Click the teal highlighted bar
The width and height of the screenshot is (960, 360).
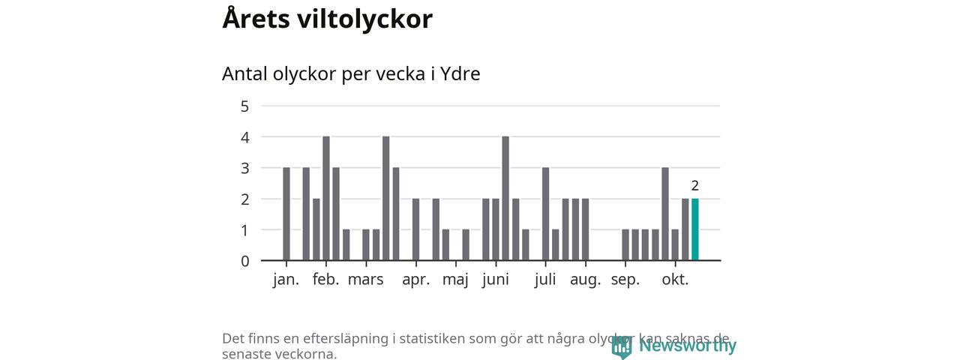tap(695, 229)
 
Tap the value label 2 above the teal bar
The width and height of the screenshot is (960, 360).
tap(695, 186)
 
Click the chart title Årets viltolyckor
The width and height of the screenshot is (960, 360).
tap(327, 19)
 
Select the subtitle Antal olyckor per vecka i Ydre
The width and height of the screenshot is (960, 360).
tap(351, 74)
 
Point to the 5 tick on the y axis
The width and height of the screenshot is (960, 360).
tap(244, 106)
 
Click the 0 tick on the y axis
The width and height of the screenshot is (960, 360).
tap(244, 261)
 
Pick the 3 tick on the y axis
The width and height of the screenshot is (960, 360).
tap(244, 168)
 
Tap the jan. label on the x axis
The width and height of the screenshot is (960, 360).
tap(286, 280)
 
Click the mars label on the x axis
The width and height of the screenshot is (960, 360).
tap(365, 280)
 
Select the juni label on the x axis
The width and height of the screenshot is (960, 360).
tap(495, 280)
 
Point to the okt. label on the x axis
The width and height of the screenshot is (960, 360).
tap(675, 280)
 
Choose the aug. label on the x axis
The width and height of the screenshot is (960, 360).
tap(585, 280)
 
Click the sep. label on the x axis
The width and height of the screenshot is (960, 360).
tap(625, 280)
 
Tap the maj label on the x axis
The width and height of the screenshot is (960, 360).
tap(455, 280)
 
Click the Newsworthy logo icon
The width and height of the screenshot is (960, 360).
tap(621, 346)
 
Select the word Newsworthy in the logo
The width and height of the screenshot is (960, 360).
tap(688, 346)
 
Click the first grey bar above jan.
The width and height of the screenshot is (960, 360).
tap(286, 214)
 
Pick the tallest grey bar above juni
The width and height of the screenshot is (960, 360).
tap(505, 199)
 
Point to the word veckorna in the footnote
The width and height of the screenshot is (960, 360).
tap(301, 353)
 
